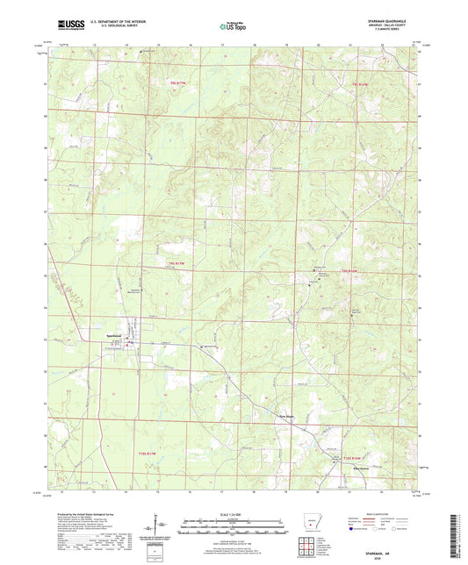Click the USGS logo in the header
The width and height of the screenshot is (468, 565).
(69, 27)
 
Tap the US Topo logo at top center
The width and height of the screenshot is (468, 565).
(233, 27)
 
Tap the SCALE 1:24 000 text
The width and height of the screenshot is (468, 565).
(233, 511)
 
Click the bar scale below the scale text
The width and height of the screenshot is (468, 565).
(233, 527)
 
